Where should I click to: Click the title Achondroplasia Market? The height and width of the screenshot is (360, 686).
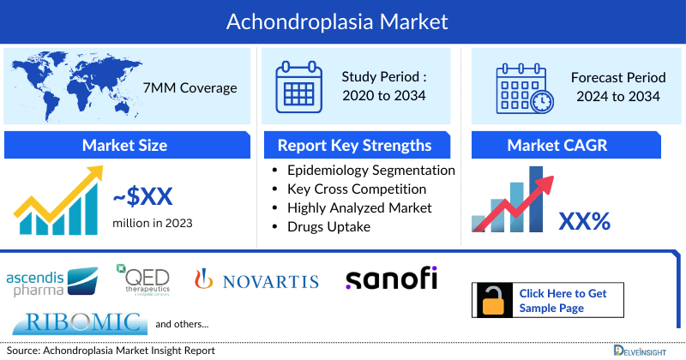click(342, 19)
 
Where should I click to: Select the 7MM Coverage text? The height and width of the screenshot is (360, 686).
click(191, 87)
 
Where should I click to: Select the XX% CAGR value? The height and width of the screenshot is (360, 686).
click(584, 221)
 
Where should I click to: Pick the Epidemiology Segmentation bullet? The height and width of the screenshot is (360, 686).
click(371, 171)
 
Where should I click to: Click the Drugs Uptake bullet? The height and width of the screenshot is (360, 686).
click(330, 226)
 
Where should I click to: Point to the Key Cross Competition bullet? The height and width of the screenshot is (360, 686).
click(357, 189)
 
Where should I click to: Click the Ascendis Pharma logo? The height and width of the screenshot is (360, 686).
click(53, 281)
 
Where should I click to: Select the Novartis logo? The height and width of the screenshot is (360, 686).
click(256, 280)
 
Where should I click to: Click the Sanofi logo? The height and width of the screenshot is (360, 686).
click(391, 279)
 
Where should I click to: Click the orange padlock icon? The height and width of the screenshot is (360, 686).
click(494, 301)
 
